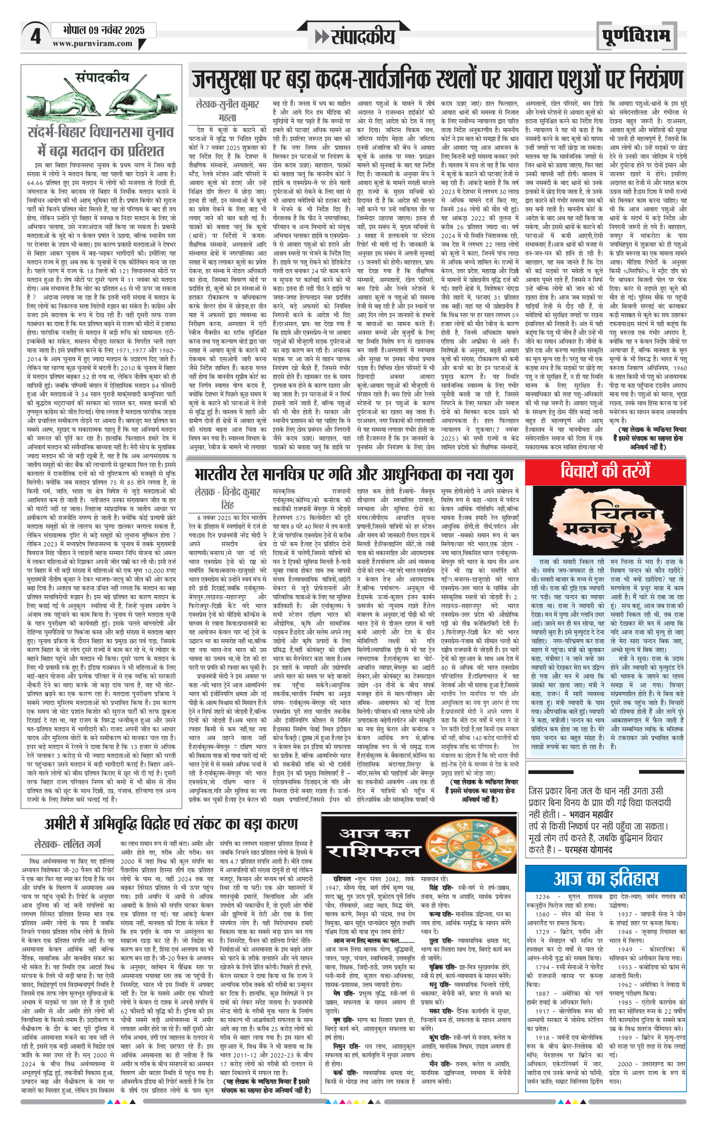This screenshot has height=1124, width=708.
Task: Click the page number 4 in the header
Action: click(x=35, y=36)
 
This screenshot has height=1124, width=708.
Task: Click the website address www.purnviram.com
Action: click(x=92, y=44)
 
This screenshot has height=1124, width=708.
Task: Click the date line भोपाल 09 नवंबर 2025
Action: click(x=103, y=30)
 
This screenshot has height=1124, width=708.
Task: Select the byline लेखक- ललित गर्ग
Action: click(x=67, y=844)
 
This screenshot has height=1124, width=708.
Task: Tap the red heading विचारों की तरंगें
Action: click(x=605, y=471)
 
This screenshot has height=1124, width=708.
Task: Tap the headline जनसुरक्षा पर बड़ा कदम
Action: click(x=437, y=80)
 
